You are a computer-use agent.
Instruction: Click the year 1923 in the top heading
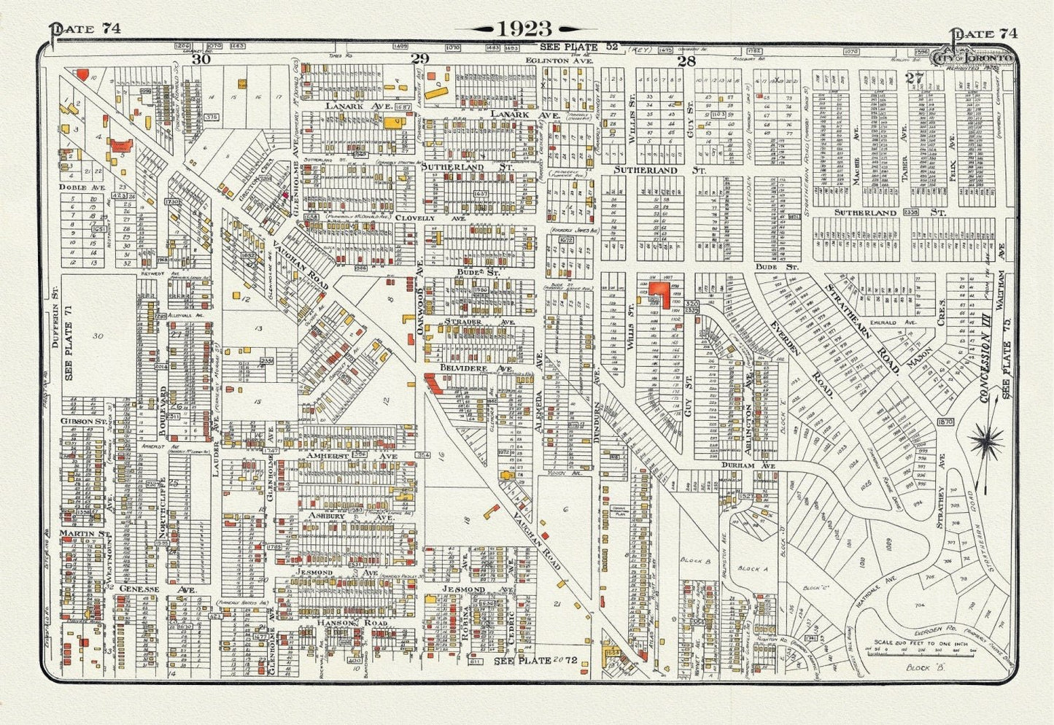tap(524, 28)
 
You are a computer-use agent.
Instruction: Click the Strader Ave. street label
tap(478, 321)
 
